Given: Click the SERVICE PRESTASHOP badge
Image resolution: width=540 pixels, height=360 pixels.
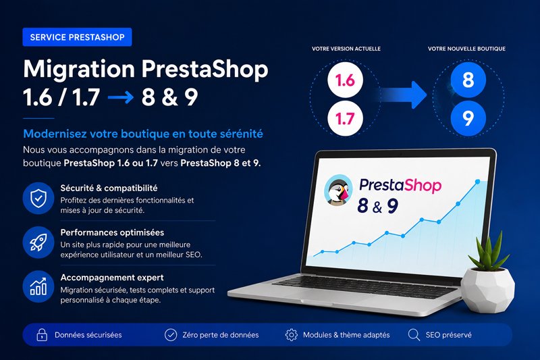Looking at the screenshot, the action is tap(77, 37).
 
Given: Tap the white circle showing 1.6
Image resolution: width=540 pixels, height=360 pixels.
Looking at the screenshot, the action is tap(345, 80).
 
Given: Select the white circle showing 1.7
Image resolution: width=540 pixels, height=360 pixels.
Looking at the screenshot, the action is tap(345, 118).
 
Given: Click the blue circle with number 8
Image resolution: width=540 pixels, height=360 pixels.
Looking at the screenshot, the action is tap(468, 80).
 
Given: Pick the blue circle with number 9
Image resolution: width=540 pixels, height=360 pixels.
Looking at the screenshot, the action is tap(468, 118).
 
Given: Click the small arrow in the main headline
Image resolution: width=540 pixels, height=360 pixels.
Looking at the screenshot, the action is tap(121, 97).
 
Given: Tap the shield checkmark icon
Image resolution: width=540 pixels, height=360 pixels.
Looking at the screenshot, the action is tap(38, 198).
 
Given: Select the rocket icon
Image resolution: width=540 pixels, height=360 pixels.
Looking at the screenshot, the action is tap(38, 242).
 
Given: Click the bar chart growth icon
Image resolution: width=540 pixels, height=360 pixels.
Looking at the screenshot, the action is tap(38, 286).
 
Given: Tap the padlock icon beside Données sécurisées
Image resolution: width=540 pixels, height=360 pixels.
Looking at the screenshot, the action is tap(42, 334).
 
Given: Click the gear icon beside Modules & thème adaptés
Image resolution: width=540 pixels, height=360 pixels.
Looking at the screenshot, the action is tap(292, 334).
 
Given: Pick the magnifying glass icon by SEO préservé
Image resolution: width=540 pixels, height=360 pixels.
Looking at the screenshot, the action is tap(414, 335).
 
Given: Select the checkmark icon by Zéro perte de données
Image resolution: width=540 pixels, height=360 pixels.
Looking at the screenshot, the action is tap(171, 334).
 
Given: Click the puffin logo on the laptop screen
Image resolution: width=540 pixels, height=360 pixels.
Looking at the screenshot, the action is tap(339, 190).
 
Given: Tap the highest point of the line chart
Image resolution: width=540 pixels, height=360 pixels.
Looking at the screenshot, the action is tap(478, 182).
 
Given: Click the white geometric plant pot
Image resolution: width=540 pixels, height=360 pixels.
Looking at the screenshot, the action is tap(487, 289).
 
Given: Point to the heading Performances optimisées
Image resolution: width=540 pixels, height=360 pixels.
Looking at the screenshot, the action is tap(112, 232).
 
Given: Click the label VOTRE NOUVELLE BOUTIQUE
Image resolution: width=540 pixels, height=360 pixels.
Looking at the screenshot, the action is tap(466, 49).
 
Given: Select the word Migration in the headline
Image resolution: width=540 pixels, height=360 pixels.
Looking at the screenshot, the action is tap(79, 70).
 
